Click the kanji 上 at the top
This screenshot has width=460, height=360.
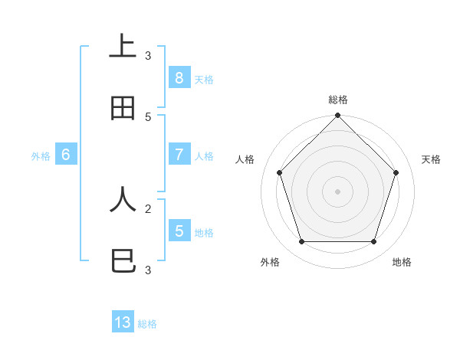[123, 45]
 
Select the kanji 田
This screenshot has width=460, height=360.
[123, 109]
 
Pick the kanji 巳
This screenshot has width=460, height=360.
[123, 262]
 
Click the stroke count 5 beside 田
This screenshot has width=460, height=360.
[148, 116]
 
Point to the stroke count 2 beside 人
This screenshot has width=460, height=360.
[148, 208]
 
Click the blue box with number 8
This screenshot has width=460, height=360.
[179, 77]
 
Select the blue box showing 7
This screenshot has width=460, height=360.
[179, 155]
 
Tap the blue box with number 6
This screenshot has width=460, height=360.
[66, 155]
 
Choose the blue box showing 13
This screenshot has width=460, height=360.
[123, 322]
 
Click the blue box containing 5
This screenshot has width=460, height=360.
[179, 231]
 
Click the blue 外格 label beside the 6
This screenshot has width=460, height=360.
[41, 156]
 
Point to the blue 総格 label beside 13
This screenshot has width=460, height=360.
[147, 324]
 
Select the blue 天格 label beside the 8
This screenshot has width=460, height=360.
[204, 79]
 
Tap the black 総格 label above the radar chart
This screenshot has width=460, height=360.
[338, 100]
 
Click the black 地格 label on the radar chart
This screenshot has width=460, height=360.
[402, 262]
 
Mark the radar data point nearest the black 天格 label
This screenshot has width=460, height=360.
[396, 172]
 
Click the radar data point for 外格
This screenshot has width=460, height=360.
[301, 242]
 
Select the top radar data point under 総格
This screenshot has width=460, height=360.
[337, 116]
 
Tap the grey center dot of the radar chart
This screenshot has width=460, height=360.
[337, 191]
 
